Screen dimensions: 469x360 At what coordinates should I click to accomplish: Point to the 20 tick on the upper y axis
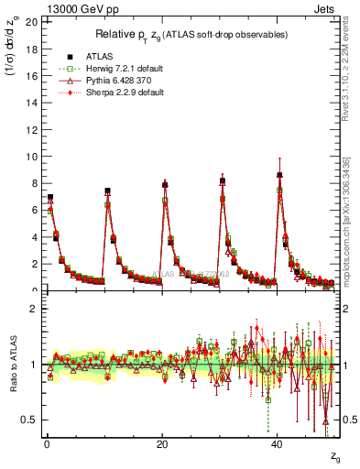pos(32,20)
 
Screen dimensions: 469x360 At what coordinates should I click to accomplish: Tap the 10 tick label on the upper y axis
pos(32,156)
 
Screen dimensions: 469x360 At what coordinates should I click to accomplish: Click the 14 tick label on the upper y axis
pos(32,102)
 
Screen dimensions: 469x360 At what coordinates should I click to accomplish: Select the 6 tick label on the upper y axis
pos(35,210)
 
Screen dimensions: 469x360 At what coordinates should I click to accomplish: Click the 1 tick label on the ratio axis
pos(35,364)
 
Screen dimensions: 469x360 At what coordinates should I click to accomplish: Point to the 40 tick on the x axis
pos(278,444)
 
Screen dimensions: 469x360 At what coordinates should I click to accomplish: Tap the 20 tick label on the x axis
pos(162,444)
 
